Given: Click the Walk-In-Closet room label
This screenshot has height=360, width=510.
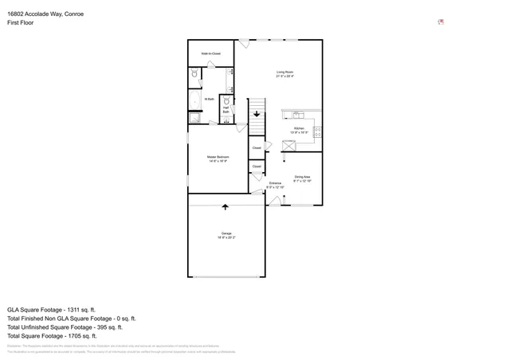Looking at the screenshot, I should point(211,53).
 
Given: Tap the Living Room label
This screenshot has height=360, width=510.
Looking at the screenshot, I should point(285,74).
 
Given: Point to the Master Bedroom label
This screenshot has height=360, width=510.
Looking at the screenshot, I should point(218,158).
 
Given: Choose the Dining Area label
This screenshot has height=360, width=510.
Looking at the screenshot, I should point(302,178).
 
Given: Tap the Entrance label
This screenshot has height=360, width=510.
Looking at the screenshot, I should point(275,186).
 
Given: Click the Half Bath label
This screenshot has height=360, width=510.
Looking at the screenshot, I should point(226,110).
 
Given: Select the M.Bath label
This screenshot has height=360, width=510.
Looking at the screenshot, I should point(208,100).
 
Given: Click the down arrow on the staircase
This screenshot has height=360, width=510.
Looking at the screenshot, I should point(257,114).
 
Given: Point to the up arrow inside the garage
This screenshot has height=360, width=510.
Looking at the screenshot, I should point(226,207).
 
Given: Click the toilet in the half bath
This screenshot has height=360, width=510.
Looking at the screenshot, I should point(226,101).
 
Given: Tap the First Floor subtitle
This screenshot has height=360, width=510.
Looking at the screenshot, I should point(22,25).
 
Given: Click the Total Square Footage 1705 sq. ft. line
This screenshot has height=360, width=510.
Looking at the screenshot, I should point(52,335).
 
